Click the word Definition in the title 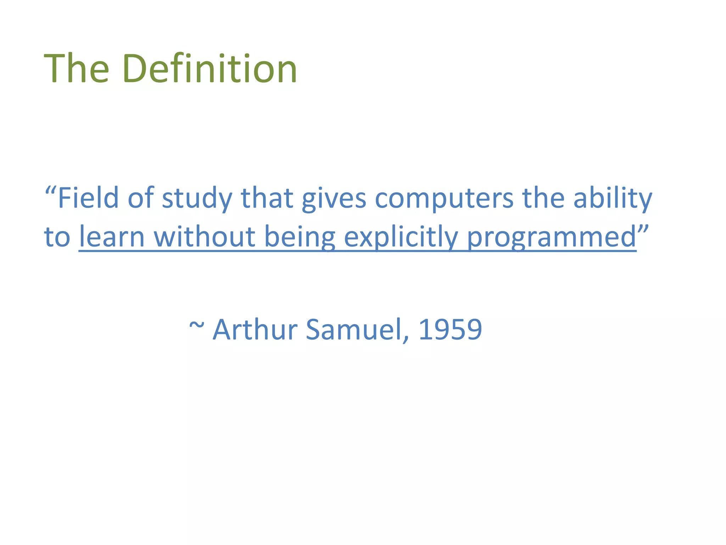[x=210, y=68]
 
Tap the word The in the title [x=76, y=68]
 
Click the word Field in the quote [x=88, y=198]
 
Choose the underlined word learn [x=112, y=237]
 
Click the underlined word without [x=205, y=237]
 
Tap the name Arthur [x=255, y=330]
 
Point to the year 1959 [x=450, y=330]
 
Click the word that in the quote [x=267, y=198]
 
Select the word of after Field [x=140, y=198]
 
